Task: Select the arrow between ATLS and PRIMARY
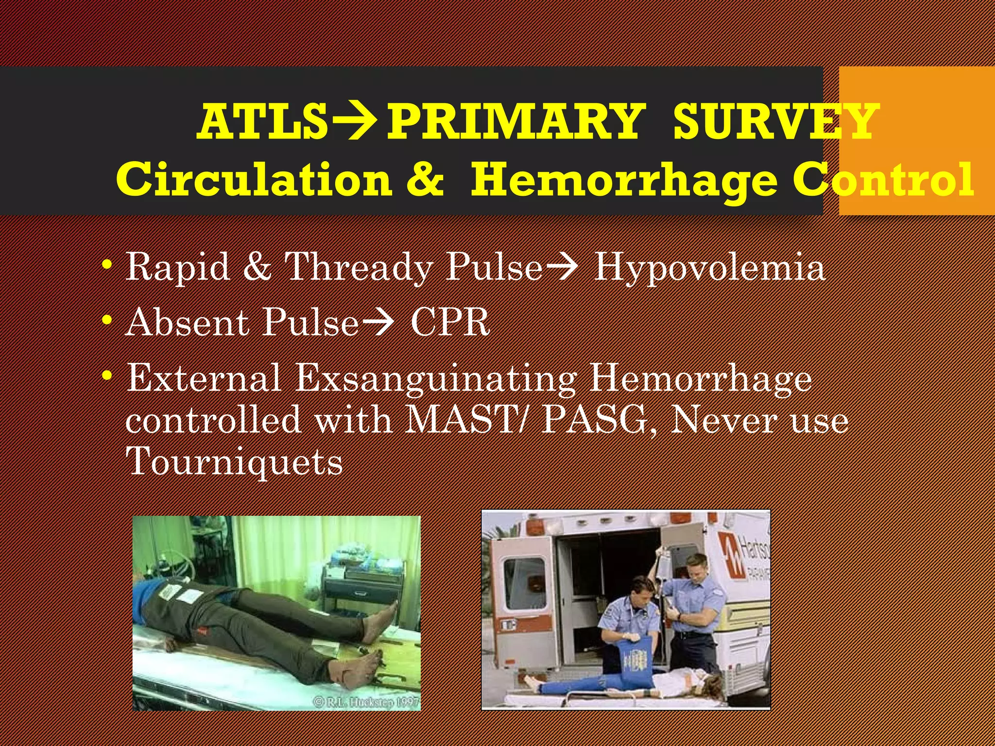357,121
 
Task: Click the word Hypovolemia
709,267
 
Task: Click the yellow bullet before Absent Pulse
107,321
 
